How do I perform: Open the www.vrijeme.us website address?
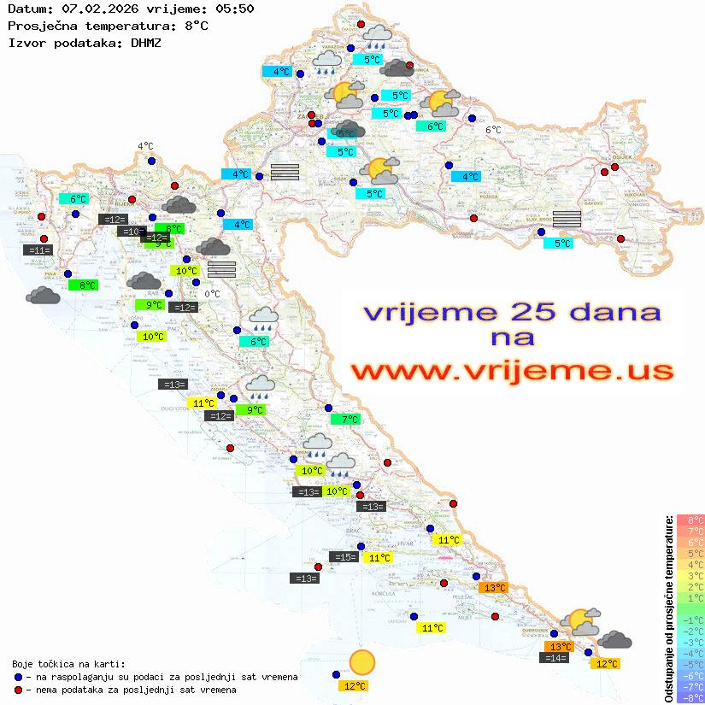point(512,371)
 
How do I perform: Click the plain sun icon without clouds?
point(362,661)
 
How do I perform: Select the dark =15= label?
point(344,557)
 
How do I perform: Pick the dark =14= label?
point(555,658)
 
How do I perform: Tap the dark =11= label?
point(39,250)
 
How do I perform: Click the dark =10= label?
point(131,232)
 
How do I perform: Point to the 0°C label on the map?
point(212,294)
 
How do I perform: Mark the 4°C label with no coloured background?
point(145,146)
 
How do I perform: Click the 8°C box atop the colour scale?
point(690,520)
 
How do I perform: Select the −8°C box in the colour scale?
point(690,698)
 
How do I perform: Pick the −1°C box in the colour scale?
point(690,620)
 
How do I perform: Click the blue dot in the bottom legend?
point(19,677)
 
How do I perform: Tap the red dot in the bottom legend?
point(19,690)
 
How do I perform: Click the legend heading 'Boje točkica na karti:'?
point(68,664)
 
